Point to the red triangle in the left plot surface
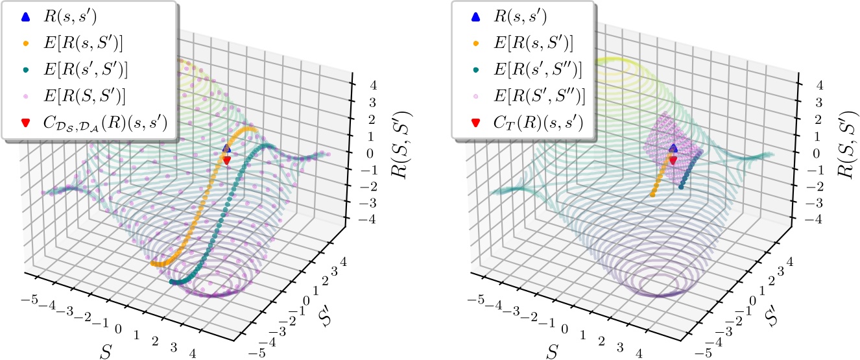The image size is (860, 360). (x=227, y=160)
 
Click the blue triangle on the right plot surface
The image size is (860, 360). (x=673, y=149)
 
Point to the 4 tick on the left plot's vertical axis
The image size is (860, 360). (x=366, y=84)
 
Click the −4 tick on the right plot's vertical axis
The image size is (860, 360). (x=809, y=220)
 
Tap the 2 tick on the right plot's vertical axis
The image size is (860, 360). (x=811, y=119)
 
